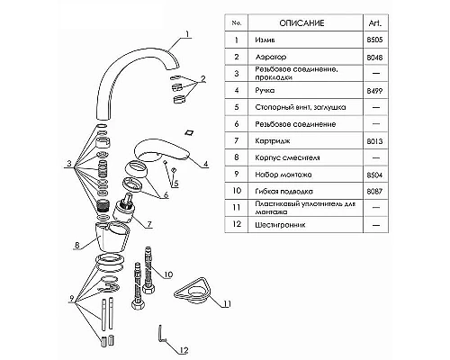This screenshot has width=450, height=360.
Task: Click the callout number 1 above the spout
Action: pyautogui.click(x=187, y=33)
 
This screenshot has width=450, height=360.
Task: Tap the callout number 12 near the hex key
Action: pyautogui.click(x=184, y=350)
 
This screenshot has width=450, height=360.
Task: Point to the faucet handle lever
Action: pyautogui.click(x=162, y=150)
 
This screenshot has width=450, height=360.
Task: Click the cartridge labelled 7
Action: pyautogui.click(x=123, y=209)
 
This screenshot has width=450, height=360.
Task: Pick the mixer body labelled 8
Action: pyautogui.click(x=112, y=237)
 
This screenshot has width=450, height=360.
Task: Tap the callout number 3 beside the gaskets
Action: pyautogui.click(x=69, y=164)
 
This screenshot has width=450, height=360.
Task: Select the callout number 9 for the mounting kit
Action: pyautogui.click(x=72, y=299)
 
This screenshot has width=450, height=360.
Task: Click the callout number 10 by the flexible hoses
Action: pyautogui.click(x=168, y=274)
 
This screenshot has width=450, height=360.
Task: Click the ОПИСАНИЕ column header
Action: pyautogui.click(x=301, y=23)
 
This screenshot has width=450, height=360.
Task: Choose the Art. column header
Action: pyautogui.click(x=375, y=23)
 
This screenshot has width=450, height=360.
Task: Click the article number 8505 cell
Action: pyautogui.click(x=375, y=40)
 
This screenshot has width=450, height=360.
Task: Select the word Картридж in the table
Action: pyautogui.click(x=273, y=140)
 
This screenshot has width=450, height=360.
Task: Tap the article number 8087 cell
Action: pyautogui.click(x=375, y=191)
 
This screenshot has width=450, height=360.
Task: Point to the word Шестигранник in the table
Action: pyautogui.click(x=280, y=225)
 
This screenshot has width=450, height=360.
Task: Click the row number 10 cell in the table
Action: pyautogui.click(x=237, y=191)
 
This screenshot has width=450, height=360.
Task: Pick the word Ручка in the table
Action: pyautogui.click(x=265, y=90)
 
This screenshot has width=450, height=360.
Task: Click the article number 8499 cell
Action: pyautogui.click(x=375, y=91)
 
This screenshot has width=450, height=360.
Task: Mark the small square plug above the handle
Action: pyautogui.click(x=190, y=132)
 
